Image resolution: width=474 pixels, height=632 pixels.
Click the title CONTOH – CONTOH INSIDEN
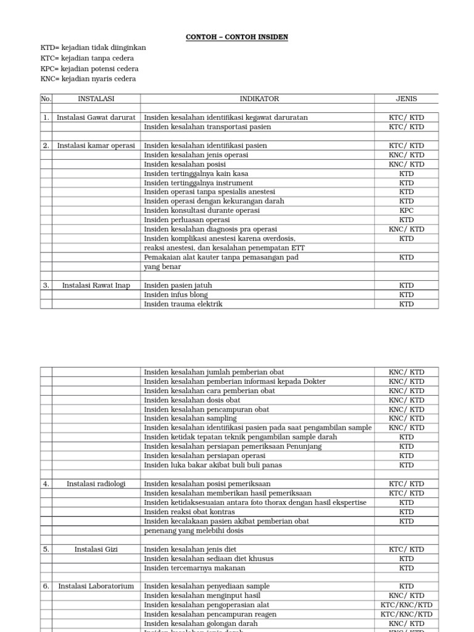point(237,38)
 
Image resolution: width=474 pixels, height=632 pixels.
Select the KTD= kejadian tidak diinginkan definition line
point(93,48)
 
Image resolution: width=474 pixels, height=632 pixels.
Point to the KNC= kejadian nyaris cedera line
point(88,79)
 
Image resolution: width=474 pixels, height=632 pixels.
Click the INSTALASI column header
point(96,99)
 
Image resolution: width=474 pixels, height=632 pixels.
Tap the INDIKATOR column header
point(259,99)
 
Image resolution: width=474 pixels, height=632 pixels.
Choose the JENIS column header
point(406,99)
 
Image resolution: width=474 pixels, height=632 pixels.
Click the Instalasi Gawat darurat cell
point(96,117)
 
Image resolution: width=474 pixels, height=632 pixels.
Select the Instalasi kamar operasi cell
point(96,146)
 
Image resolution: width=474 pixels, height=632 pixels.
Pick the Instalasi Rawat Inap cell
point(96,286)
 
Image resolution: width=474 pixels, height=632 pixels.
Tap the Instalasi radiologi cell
point(96,484)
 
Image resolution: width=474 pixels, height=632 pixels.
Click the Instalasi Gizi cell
point(96,549)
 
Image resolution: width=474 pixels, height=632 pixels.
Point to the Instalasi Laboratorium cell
point(96,586)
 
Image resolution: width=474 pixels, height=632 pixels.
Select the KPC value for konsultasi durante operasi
point(406,210)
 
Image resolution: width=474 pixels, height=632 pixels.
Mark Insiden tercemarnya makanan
point(194,568)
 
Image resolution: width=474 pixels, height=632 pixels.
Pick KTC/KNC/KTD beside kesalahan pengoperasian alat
point(406,605)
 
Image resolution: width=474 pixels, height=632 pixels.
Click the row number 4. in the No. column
point(46,484)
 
